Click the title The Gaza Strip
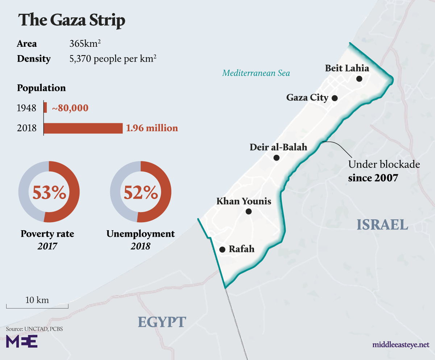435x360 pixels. pos(72,21)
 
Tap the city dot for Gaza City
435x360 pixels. pos(335,98)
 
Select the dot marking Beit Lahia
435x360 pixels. pos(359,78)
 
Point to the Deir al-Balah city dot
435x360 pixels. pos(277,158)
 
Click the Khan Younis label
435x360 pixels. pos(244,201)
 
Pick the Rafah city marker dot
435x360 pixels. pos(222,249)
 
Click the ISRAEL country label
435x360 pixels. pos(382,225)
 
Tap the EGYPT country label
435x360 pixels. pos(162,322)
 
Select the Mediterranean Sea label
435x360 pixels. pos(256,73)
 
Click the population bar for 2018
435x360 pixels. pos(83,128)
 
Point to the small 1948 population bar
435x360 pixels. pos(45,108)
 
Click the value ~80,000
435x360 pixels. pos(70,108)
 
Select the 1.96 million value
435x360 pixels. pos(152,128)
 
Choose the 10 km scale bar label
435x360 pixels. pos(37,300)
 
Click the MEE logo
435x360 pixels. pos(22,342)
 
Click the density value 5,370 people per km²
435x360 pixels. pos(113,59)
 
